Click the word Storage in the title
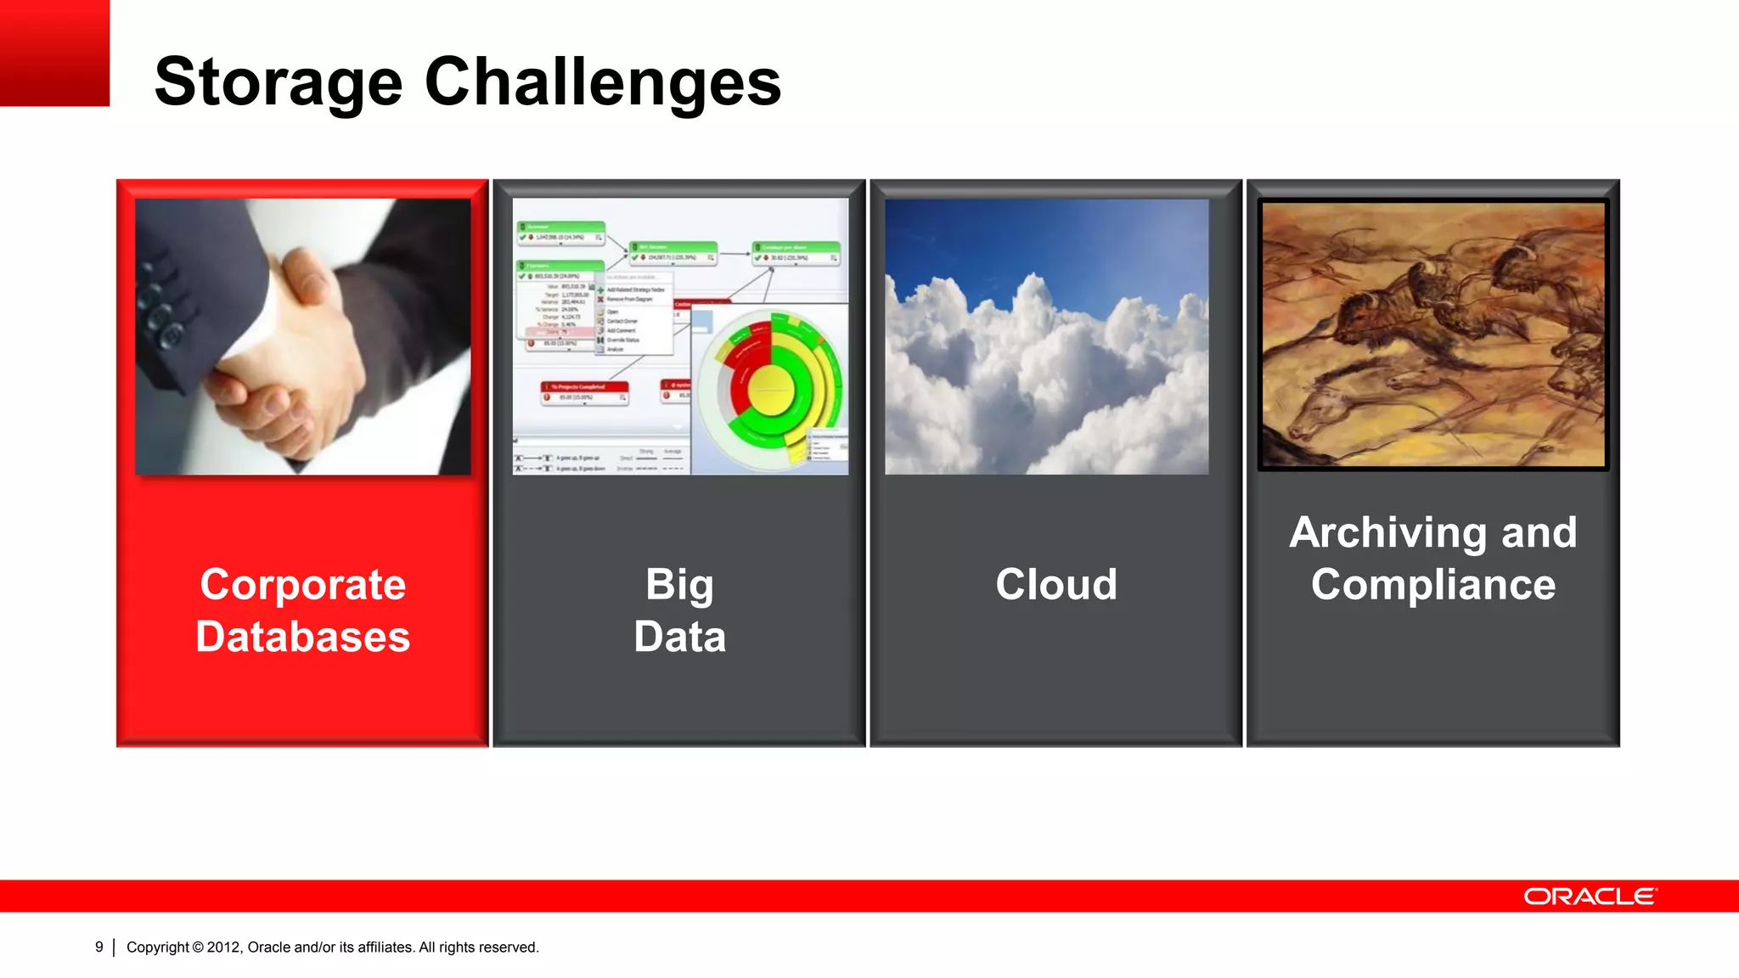pos(278,82)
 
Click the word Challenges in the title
pos(602,82)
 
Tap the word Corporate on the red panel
pos(302,585)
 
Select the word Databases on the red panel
pos(302,637)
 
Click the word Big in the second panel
pos(679,585)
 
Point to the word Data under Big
pos(679,637)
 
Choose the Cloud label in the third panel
pos(1055,585)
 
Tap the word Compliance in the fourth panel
pos(1432,585)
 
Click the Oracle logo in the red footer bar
pos(1589,896)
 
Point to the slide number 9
pos(99,947)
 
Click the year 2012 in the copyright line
pos(224,947)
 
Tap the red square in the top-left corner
pos(54,53)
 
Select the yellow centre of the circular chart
pos(771,391)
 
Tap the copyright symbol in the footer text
pos(198,947)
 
